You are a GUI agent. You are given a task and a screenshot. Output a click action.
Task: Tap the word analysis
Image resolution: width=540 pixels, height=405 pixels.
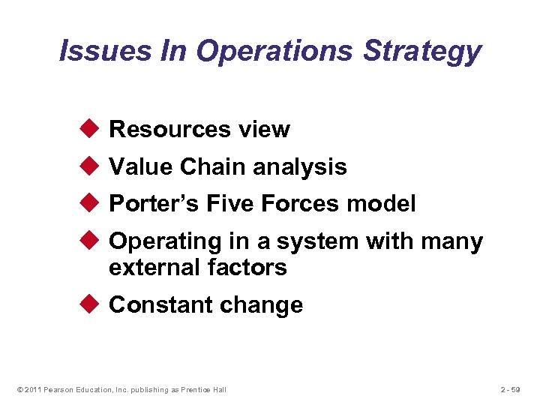[300, 167]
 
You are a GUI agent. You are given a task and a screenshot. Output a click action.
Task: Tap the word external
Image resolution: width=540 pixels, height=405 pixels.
[151, 267]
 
